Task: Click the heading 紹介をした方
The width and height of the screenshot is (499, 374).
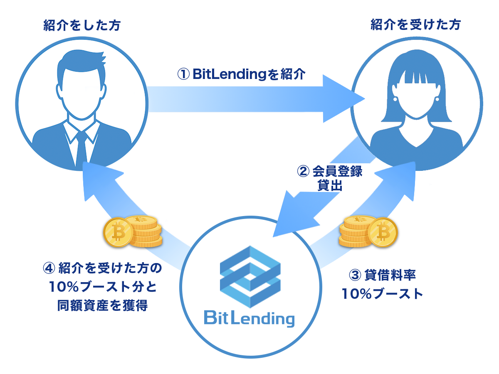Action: [82, 25]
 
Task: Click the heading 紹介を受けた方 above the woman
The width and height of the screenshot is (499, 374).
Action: [415, 25]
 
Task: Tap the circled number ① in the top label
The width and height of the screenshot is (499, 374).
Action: [183, 74]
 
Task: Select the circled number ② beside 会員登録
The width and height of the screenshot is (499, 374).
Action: [303, 171]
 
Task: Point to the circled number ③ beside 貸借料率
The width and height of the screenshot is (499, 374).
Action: [355, 275]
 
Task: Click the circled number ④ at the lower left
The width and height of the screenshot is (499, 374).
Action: [49, 268]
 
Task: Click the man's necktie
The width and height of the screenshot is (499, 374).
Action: [82, 148]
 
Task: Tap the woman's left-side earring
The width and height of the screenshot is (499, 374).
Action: [395, 99]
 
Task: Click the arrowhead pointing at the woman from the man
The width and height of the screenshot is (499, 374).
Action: [343, 99]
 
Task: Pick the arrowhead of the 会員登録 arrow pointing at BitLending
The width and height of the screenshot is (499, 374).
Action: [293, 216]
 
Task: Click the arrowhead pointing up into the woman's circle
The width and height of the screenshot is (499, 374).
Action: [398, 180]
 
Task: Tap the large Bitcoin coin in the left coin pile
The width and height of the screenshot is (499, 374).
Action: [118, 232]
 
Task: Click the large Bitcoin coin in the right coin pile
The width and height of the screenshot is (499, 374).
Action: [383, 232]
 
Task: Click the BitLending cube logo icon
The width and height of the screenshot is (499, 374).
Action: [250, 277]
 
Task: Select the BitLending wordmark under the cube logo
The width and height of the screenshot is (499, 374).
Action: [249, 319]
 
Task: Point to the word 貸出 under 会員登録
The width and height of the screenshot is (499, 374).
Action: [330, 185]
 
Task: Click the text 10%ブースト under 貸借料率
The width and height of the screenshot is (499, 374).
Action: [382, 294]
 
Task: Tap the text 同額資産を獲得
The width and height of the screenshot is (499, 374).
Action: [102, 305]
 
